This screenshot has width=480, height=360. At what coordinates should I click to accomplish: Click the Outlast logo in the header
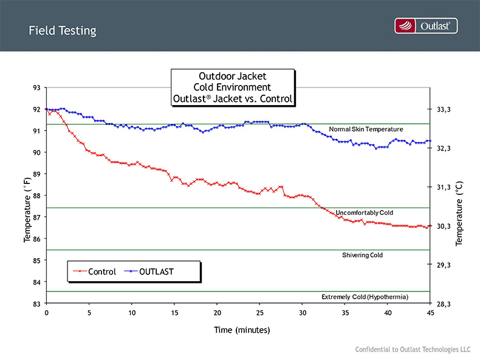pyautogui.click(x=425, y=25)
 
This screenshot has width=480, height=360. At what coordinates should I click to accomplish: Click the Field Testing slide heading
pyautogui.click(x=62, y=30)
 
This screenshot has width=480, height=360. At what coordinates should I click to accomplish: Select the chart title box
pyautogui.click(x=233, y=87)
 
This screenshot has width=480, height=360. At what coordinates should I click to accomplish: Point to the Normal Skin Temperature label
pyautogui.click(x=366, y=129)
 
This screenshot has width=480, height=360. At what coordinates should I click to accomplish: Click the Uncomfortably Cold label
pyautogui.click(x=365, y=212)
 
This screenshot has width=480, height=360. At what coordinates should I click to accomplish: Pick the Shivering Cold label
pyautogui.click(x=363, y=255)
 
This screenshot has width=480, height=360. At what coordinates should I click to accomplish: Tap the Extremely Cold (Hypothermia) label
pyautogui.click(x=365, y=297)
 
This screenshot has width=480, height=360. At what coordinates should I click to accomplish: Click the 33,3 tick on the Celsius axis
pyautogui.click(x=444, y=110)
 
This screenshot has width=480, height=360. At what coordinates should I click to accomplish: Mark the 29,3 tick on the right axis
pyautogui.click(x=444, y=265)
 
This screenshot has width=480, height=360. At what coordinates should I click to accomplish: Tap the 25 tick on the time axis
pyautogui.click(x=259, y=313)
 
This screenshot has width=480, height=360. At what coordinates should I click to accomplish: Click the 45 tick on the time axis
pyautogui.click(x=430, y=313)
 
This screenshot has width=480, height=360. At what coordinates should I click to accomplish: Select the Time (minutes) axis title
pyautogui.click(x=241, y=330)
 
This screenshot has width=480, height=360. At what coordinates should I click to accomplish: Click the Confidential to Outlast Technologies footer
pyautogui.click(x=413, y=350)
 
